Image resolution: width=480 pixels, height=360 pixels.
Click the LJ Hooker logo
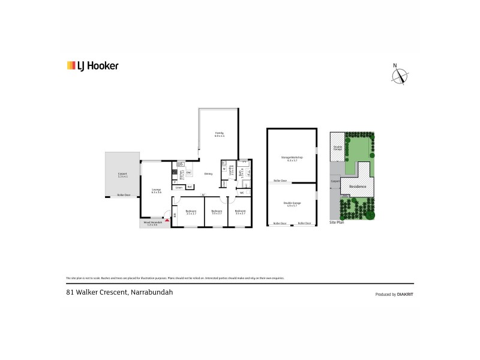(x=92, y=66)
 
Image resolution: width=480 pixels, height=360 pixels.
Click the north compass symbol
(x=400, y=76)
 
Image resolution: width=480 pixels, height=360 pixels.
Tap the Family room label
(x=220, y=135)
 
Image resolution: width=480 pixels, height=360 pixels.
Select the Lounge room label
(x=155, y=191)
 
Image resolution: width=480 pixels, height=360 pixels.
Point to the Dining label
(x=208, y=174)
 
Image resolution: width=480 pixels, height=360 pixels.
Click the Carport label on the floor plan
(x=122, y=175)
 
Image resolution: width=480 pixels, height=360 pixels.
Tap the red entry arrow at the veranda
(x=167, y=221)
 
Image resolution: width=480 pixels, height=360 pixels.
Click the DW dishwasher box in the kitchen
(x=188, y=173)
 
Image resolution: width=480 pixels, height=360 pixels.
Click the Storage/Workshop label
(x=292, y=158)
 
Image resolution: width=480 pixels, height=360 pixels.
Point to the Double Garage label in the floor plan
(x=292, y=203)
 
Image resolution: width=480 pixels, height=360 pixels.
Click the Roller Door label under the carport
(x=124, y=195)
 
